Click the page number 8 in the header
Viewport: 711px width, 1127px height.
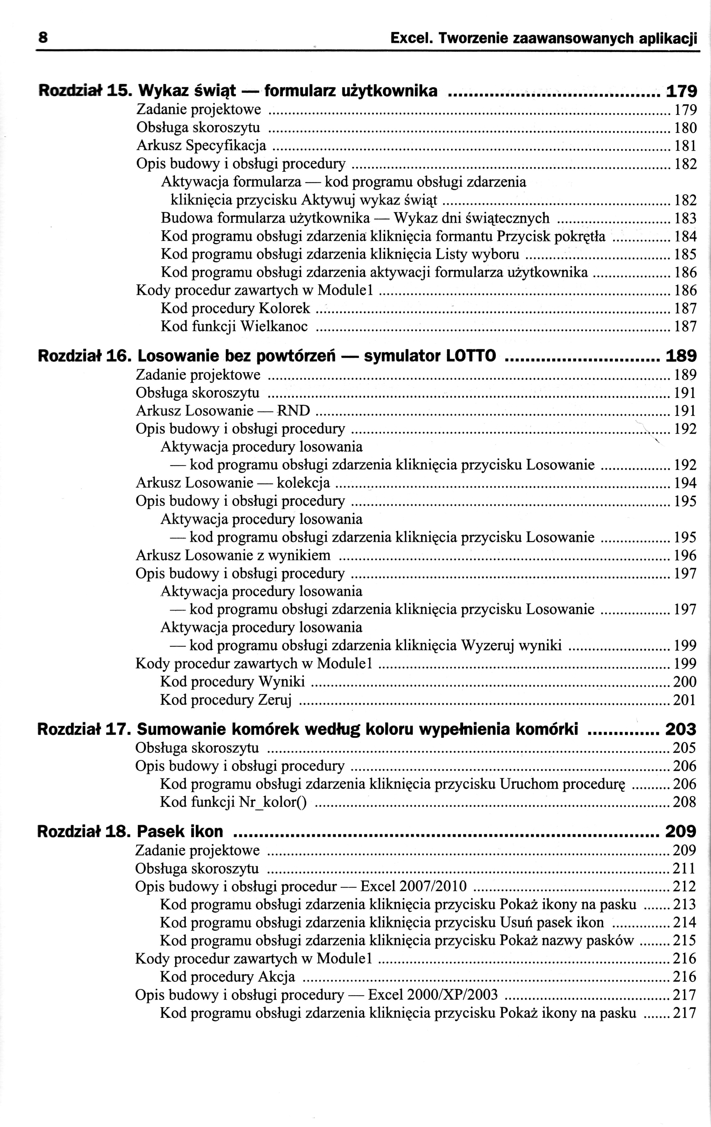coord(43,37)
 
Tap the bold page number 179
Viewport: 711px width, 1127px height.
coord(681,91)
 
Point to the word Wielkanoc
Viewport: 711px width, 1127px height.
coord(274,326)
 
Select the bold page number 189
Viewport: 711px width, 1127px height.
coord(681,357)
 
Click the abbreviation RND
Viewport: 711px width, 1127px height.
coord(293,411)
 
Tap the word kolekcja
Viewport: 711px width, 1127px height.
coord(303,483)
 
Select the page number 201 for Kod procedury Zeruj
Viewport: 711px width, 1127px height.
coord(685,700)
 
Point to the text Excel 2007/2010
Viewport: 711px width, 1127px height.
coord(414,886)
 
